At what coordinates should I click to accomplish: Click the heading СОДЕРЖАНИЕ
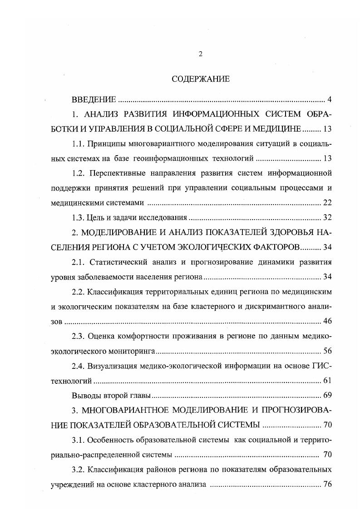(201, 79)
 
